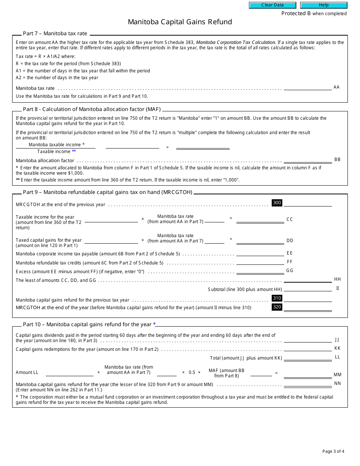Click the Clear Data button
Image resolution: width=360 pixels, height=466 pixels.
272,5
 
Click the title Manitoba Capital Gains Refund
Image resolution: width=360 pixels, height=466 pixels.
180,22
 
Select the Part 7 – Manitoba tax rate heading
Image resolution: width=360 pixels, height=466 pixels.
55,34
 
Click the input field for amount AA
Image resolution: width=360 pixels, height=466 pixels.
307,87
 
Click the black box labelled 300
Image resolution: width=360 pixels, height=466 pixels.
277,203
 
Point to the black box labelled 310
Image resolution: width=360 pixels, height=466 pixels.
277,298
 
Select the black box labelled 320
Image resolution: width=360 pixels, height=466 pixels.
277,307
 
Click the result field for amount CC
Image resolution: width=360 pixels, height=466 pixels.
260,219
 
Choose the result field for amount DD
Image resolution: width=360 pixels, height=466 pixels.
260,240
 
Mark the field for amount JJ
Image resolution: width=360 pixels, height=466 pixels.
307,339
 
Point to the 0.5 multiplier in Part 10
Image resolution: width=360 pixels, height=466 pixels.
192,372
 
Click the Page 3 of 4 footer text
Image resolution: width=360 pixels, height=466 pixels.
333,451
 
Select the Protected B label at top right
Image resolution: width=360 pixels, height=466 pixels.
314,14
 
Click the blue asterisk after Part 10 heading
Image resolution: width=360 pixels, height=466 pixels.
155,324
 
